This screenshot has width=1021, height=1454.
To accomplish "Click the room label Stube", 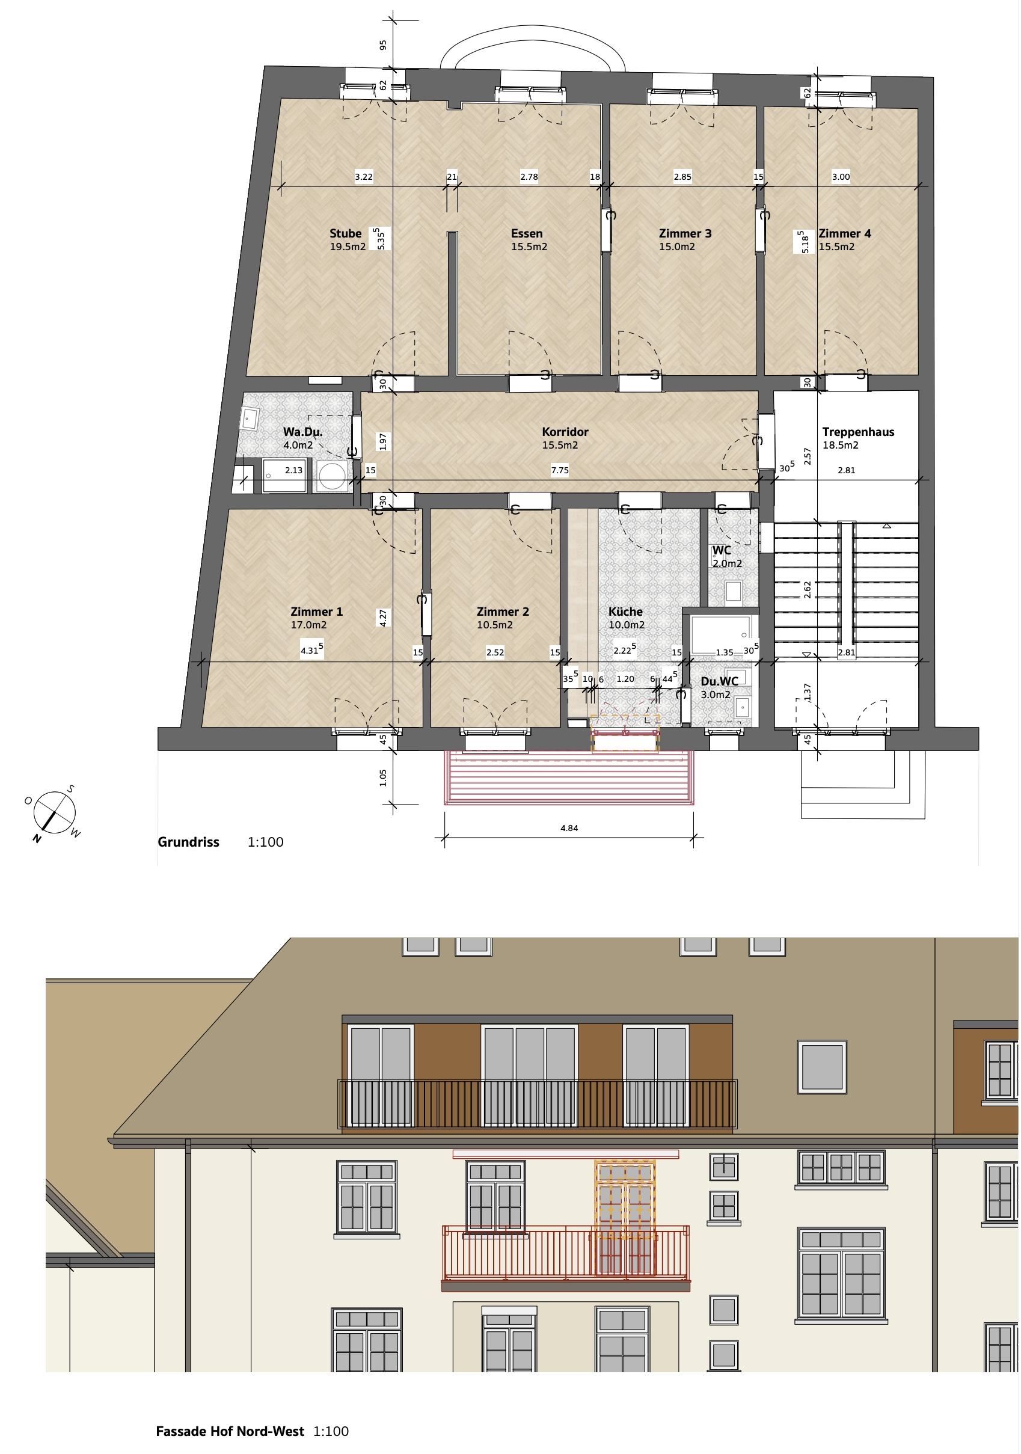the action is (x=345, y=234).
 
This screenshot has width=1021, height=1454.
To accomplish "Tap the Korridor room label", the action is (x=565, y=432).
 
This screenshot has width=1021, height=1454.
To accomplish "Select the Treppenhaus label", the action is (x=858, y=432).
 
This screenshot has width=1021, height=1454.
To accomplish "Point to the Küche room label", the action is (x=625, y=612).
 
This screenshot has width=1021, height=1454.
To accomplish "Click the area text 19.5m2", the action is (x=348, y=247).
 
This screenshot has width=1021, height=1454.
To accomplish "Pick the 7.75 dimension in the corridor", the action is (x=560, y=470).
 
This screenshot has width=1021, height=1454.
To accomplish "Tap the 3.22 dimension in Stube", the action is (x=364, y=177).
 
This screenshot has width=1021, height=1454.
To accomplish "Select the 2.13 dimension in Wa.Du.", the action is (x=293, y=470).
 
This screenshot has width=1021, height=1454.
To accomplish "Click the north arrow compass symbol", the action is (x=54, y=812).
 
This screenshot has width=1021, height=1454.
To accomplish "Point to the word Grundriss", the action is (x=188, y=842).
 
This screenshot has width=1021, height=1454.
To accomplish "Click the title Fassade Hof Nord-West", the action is (x=230, y=1432).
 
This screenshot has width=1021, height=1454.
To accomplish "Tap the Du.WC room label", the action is (x=720, y=681).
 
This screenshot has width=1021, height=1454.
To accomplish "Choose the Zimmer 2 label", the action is (x=503, y=612).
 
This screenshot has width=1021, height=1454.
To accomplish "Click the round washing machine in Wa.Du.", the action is (x=332, y=476).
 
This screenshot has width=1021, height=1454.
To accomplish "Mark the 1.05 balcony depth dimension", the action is (x=383, y=778).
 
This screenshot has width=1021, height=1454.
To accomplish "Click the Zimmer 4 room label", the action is (x=845, y=234).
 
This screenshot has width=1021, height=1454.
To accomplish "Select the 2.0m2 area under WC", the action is (x=727, y=563).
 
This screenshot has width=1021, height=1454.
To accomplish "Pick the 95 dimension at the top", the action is (x=383, y=45).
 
